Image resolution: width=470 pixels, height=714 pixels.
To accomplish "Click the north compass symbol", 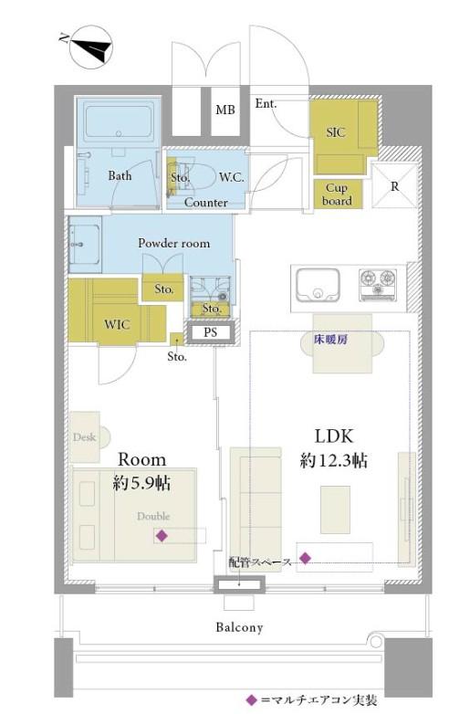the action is pyautogui.click(x=91, y=47).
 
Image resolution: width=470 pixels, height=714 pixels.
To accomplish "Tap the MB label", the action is pyautogui.click(x=225, y=110).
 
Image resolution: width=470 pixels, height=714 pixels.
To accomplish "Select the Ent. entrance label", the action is pyautogui.click(x=266, y=104).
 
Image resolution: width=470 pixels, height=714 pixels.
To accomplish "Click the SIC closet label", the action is pyautogui.click(x=335, y=132).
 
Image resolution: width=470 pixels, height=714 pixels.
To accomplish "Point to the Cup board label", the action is pyautogui.click(x=337, y=194).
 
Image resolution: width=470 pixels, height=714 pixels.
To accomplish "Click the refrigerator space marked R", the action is pyautogui.click(x=394, y=185).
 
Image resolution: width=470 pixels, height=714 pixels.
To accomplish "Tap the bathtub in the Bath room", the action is pyautogui.click(x=119, y=121).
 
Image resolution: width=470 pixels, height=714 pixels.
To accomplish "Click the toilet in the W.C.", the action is pyautogui.click(x=200, y=176).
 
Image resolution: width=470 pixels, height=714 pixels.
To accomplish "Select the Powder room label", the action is pyautogui.click(x=174, y=243).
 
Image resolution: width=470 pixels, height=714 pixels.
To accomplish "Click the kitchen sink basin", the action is pyautogui.click(x=318, y=285).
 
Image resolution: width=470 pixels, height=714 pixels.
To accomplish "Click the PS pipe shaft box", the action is pyautogui.click(x=210, y=332).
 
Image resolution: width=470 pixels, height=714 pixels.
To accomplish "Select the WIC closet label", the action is pyautogui.click(x=117, y=325).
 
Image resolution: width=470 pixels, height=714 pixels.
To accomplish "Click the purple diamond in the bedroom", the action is pyautogui.click(x=161, y=536).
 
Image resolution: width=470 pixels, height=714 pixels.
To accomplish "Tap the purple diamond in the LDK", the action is pyautogui.click(x=305, y=557).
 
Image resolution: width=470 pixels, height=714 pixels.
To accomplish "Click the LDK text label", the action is pyautogui.click(x=334, y=436).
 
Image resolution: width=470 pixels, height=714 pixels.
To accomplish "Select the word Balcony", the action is pyautogui.click(x=239, y=627).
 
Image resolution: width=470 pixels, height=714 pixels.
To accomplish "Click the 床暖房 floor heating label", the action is pyautogui.click(x=330, y=340).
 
